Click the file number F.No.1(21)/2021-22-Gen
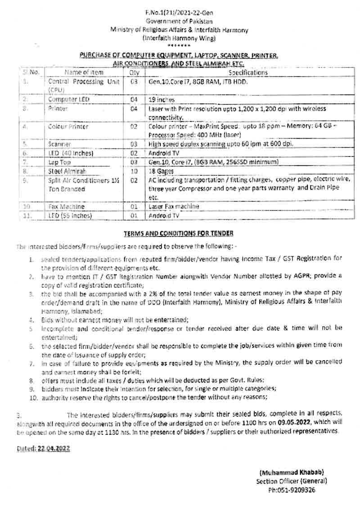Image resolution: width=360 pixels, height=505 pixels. click(x=179, y=14)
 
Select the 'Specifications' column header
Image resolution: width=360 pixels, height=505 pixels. click(x=248, y=72)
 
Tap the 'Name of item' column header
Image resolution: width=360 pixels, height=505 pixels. click(x=84, y=72)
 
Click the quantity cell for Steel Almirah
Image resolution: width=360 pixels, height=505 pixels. click(x=134, y=171)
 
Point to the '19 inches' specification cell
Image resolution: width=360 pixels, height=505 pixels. click(x=162, y=99)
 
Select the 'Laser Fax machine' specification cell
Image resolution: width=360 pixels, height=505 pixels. click(x=174, y=206)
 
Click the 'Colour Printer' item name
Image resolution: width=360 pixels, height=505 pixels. click(x=68, y=127)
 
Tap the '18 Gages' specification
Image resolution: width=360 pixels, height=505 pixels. click(x=161, y=171)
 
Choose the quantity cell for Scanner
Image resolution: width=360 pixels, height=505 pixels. click(x=134, y=144)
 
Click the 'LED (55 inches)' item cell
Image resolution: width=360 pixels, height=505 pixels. click(x=70, y=215)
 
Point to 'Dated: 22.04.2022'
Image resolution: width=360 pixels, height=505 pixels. click(x=44, y=448)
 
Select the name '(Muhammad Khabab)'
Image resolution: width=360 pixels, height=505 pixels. click(x=291, y=472)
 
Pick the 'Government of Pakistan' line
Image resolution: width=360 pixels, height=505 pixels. click(x=179, y=22)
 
